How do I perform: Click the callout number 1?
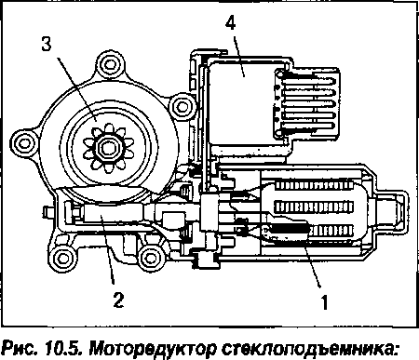tap(324, 301)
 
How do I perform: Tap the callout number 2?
tap(118, 300)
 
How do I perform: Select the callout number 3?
tap(47, 44)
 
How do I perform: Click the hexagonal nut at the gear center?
tap(107, 147)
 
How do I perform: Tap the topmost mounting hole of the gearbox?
tap(110, 64)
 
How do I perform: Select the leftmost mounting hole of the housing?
tap(23, 143)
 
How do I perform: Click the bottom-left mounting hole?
tap(63, 259)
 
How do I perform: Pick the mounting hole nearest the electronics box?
tap(182, 106)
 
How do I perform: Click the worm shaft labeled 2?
tap(112, 214)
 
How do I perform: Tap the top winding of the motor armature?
tap(314, 186)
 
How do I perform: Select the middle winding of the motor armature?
tap(314, 207)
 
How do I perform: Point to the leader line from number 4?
tap(238, 56)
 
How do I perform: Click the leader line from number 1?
tap(312, 264)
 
